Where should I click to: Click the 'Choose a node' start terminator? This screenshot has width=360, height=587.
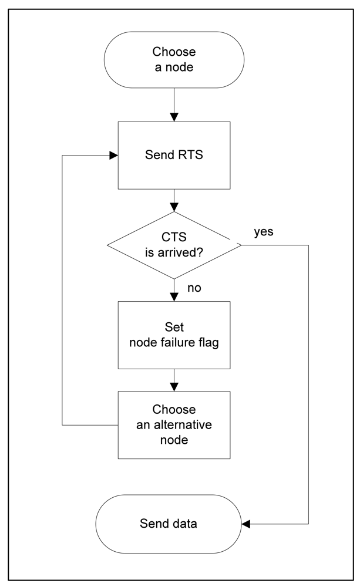click(x=173, y=59)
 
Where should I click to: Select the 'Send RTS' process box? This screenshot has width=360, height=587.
click(x=173, y=156)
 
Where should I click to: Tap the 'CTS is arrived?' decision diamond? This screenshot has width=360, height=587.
click(x=173, y=245)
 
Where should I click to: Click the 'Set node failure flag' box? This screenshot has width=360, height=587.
click(x=173, y=335)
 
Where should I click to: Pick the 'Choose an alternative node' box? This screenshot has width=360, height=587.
click(x=173, y=424)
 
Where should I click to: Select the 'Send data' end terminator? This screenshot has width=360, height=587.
click(x=173, y=523)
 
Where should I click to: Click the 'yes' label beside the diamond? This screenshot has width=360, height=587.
click(x=264, y=231)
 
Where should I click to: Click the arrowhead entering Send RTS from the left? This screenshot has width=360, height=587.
click(x=113, y=156)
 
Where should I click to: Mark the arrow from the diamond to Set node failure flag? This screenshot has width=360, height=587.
click(x=174, y=290)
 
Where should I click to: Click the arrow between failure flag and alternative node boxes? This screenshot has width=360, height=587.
click(x=174, y=380)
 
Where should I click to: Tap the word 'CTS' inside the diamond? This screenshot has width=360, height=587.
click(x=174, y=238)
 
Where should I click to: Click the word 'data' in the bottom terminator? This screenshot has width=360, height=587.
click(x=186, y=523)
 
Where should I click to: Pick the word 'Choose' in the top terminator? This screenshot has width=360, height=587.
click(x=173, y=51)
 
